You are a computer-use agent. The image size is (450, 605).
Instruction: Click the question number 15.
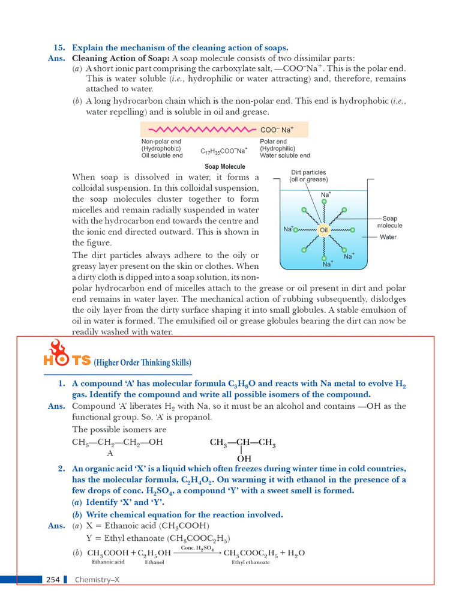pos(59,47)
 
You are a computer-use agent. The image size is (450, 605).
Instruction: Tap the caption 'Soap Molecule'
pos(225,166)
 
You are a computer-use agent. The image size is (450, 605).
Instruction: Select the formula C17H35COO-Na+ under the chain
pos(224,151)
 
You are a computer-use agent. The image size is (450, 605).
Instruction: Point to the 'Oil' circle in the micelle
pos(324,230)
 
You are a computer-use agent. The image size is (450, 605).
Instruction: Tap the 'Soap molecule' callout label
pos(389,222)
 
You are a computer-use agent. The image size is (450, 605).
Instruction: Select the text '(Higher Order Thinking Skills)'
pos(143,362)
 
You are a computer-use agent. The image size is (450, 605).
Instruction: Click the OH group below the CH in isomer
pos(244,459)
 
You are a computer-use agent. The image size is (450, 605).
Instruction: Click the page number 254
pos(53,579)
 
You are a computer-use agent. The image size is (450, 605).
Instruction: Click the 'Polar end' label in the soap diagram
pos(273,142)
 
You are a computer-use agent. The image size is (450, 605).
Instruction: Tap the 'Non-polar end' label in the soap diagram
pos(161,142)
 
